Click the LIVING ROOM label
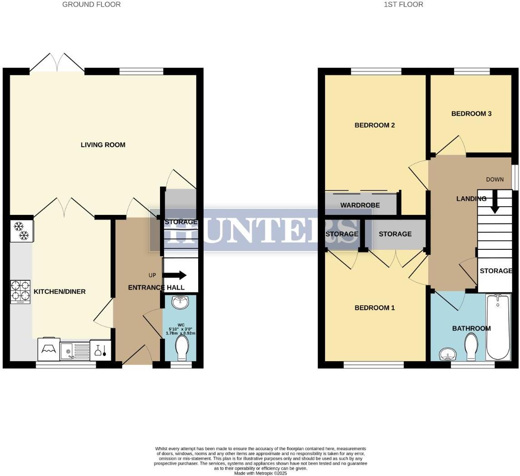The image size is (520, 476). click(103, 145)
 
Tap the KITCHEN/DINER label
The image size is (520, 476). click(60, 292)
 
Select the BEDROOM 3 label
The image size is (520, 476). click(471, 114)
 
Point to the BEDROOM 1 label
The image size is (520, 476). click(375, 308)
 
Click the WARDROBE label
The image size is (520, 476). click(360, 205)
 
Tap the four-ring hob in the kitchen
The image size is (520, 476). click(20, 292)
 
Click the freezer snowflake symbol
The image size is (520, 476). click(21, 231)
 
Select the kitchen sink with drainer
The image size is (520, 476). click(75, 350)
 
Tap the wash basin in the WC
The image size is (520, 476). click(181, 302)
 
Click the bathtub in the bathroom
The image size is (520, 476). click(498, 327)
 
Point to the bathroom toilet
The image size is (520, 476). click(471, 347)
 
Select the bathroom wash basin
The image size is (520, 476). click(448, 354)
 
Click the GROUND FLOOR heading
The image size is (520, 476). click(91, 5)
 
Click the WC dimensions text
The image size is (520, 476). click(181, 331)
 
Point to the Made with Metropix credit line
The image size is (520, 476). click(260, 473)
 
